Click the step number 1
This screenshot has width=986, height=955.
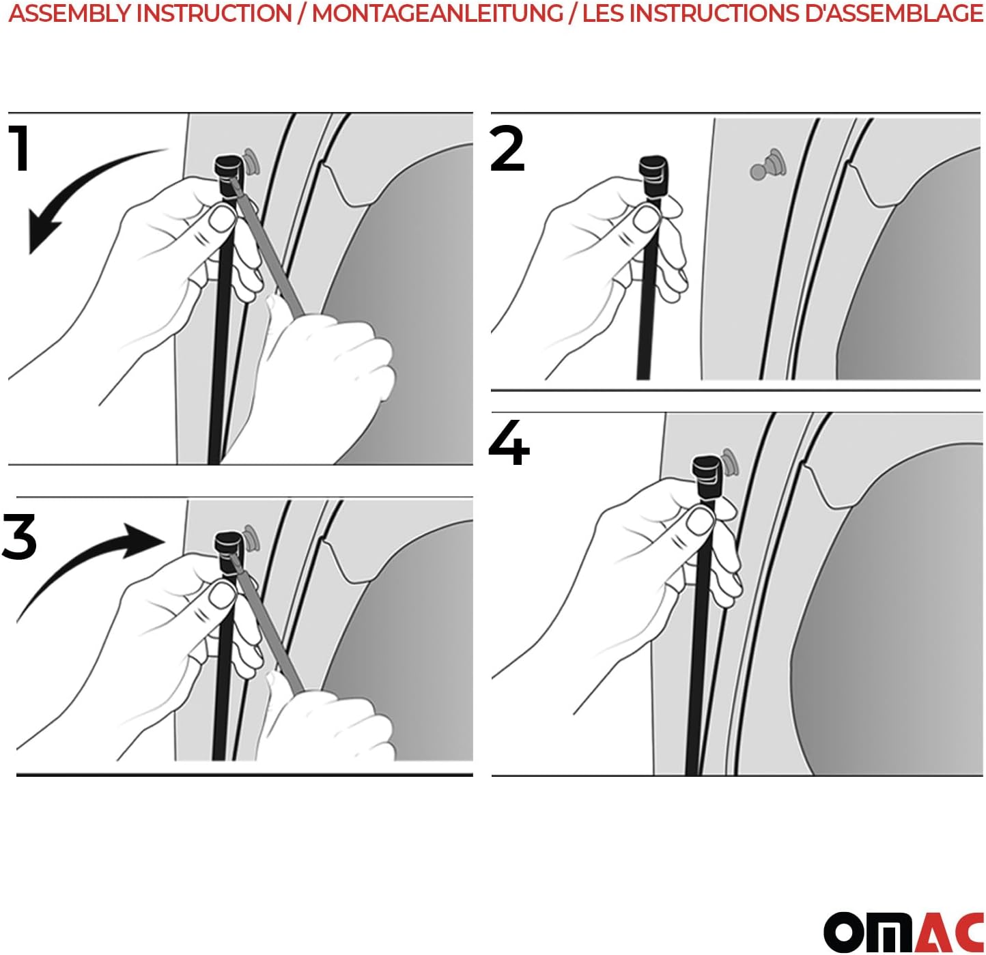point(19,147)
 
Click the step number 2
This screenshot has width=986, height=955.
point(507,148)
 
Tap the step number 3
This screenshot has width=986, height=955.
point(19,536)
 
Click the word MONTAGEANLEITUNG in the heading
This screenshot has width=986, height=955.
point(437,13)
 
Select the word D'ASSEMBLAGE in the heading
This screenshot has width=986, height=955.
point(893,13)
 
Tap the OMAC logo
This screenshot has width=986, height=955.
point(903,931)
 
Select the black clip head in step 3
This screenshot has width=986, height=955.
point(231,554)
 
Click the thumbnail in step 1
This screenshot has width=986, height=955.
point(221,219)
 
